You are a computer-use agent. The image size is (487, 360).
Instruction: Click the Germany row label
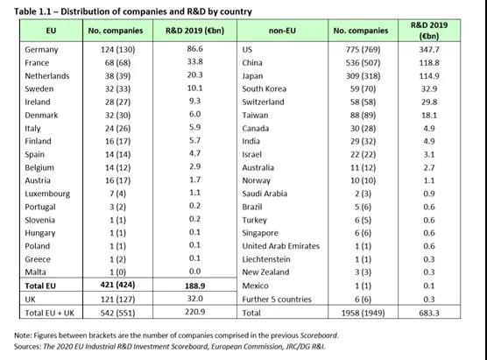(x=41, y=50)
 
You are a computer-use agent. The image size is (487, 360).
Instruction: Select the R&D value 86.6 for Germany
(x=194, y=49)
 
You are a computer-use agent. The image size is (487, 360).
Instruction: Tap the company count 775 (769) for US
(x=363, y=50)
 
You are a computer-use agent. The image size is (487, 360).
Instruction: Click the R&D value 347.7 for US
(x=429, y=50)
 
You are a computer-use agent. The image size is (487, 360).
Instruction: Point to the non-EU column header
(x=282, y=31)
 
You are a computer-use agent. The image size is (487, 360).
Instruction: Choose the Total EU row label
(x=40, y=286)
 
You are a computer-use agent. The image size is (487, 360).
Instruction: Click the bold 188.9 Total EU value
(x=194, y=286)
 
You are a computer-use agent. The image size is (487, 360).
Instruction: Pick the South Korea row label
(x=264, y=88)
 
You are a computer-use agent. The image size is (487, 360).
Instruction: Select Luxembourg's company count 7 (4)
(x=117, y=194)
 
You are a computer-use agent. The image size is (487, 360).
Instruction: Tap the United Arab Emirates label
(x=281, y=246)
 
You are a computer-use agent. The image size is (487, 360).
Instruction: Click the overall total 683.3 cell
(x=429, y=313)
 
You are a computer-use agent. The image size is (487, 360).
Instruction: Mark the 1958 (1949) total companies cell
(x=363, y=313)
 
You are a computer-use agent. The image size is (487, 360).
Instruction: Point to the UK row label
(x=30, y=300)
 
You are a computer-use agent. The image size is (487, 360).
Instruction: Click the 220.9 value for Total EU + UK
(x=194, y=312)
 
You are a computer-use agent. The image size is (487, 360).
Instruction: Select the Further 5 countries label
(x=277, y=300)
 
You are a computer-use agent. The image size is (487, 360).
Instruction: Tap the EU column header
(x=52, y=31)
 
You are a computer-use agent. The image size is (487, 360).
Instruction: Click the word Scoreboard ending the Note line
(x=318, y=335)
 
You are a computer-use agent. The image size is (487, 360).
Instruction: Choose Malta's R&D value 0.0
(x=194, y=272)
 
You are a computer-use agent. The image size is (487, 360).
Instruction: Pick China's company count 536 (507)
(x=363, y=63)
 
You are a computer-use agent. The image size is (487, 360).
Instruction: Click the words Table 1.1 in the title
(x=31, y=11)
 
